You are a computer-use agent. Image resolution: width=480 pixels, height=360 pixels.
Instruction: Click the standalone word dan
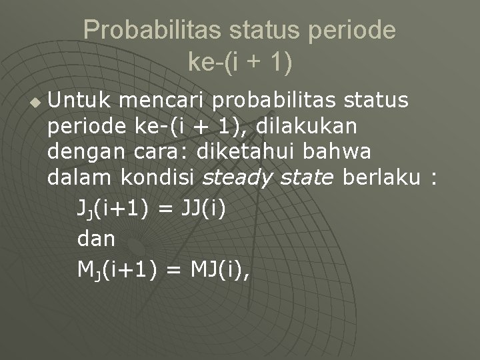click(x=96, y=238)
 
